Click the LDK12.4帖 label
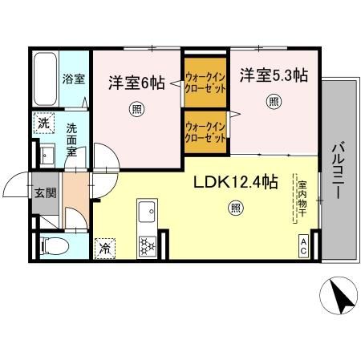pos(235,182)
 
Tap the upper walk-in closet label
pos(205,82)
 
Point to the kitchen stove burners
pos(148,245)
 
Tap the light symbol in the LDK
pos(235,210)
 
